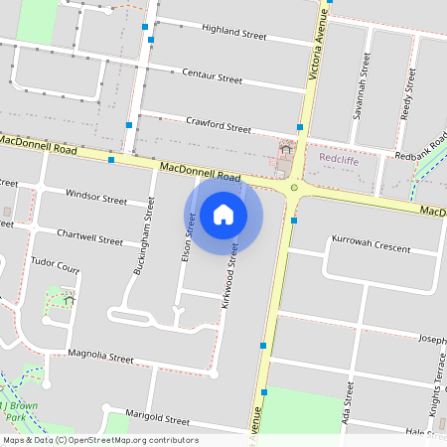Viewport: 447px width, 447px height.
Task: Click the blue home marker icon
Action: (x=223, y=215)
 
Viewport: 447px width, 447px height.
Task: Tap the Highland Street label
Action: (x=233, y=33)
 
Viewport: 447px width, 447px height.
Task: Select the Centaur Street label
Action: (x=212, y=76)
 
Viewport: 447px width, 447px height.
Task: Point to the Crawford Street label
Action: (x=219, y=125)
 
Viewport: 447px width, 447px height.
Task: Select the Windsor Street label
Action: (x=95, y=199)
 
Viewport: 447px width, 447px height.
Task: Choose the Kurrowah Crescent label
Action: (x=372, y=242)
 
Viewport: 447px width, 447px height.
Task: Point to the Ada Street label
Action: (x=348, y=407)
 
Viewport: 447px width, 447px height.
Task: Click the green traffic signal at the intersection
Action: (x=294, y=187)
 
